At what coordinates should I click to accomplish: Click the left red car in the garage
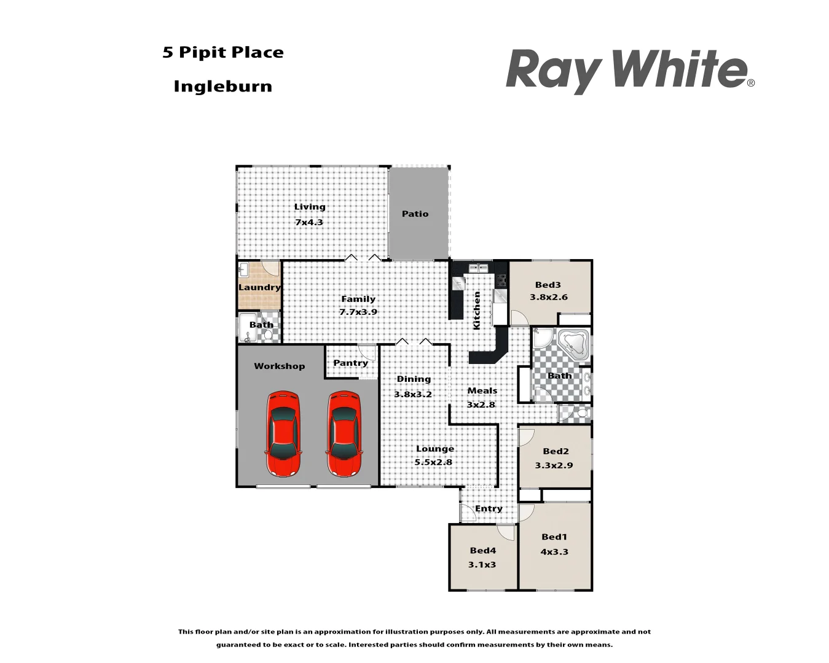pos(283,434)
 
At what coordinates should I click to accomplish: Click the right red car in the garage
pos(344,434)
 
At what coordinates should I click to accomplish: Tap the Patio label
pos(415,214)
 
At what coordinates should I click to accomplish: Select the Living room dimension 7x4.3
pos(308,222)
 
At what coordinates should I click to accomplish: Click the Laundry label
pos(259,287)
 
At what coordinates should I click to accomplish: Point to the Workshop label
pos(279,366)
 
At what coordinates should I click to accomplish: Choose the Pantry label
pos(350,363)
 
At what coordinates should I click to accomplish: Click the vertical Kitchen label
pos(477,311)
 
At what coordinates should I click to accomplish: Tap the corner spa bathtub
pos(573,344)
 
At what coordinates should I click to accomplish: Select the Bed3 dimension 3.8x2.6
pos(548,297)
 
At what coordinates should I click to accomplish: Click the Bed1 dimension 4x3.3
pos(554,552)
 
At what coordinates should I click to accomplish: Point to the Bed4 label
pos(482,551)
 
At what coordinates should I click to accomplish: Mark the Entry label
pos(489,508)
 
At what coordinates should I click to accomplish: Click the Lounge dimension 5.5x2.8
pos(433,462)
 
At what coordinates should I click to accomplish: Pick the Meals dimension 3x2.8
pos(481,405)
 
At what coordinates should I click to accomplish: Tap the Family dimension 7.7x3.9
pos(358,312)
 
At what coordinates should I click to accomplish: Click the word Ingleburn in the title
pos(222,87)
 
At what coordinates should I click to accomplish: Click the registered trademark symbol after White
pos(751,83)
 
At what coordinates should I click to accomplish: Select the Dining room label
pos(414,379)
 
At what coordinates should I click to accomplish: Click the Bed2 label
pos(556,451)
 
